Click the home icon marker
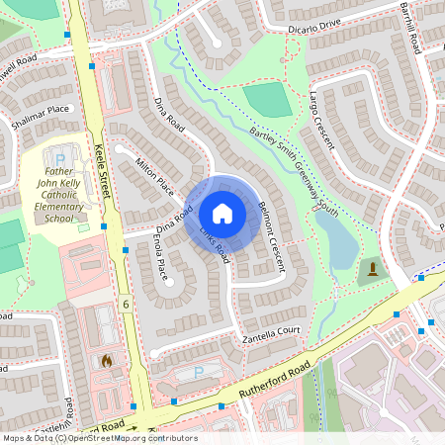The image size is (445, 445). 222,213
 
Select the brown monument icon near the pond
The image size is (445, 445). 372,269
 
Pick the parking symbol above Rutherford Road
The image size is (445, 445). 198,373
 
